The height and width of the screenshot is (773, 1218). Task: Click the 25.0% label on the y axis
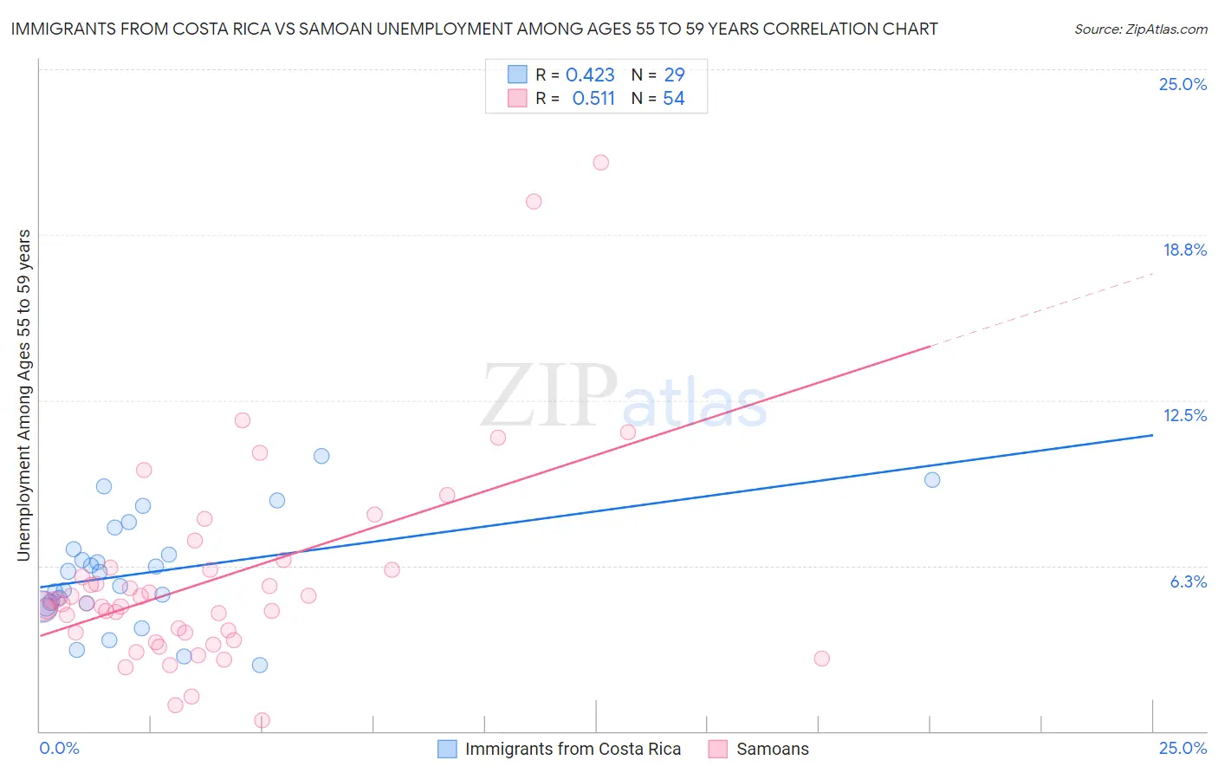tap(1182, 84)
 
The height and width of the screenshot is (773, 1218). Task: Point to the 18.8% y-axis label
tap(1184, 250)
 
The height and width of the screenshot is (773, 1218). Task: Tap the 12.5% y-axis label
tap(1184, 415)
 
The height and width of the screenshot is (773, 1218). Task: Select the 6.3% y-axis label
tap(1188, 581)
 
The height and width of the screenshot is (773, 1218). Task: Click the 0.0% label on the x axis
tap(59, 748)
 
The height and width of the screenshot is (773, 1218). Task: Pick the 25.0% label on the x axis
tap(1182, 748)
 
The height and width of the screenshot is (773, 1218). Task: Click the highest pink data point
tap(601, 162)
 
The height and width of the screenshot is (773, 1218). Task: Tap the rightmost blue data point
tap(932, 479)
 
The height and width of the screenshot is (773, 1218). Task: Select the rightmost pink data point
tap(822, 659)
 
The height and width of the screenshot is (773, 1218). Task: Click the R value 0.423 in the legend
tap(590, 75)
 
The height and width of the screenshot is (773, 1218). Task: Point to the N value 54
tap(674, 99)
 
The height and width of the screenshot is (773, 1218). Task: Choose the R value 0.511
tap(593, 99)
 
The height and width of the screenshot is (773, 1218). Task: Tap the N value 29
tap(674, 75)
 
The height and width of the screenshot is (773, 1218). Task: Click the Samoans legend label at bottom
tap(772, 749)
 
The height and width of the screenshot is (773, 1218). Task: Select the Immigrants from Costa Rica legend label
tap(573, 749)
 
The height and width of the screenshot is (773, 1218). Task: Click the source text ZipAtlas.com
tap(1140, 29)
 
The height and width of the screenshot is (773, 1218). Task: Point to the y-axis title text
tap(24, 395)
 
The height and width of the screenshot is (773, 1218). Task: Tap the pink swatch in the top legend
tap(517, 98)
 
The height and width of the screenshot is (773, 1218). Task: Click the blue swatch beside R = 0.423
tap(517, 75)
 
